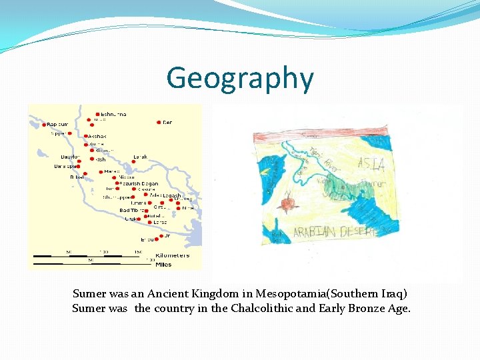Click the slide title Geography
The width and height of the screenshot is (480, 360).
tap(240, 78)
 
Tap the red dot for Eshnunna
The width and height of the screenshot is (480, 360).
tap(98, 114)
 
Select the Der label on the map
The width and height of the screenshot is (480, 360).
tap(167, 123)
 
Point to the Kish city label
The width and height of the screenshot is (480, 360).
tap(101, 159)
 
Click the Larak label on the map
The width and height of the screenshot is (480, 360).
tap(140, 157)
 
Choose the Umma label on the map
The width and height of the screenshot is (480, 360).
tap(139, 203)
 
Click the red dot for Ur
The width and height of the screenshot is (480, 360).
tap(159, 236)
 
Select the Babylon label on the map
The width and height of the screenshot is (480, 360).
tap(70, 157)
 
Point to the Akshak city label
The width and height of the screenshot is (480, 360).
tap(97, 136)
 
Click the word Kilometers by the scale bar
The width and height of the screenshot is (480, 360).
tap(172, 256)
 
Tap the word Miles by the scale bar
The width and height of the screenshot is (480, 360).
tap(163, 265)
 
